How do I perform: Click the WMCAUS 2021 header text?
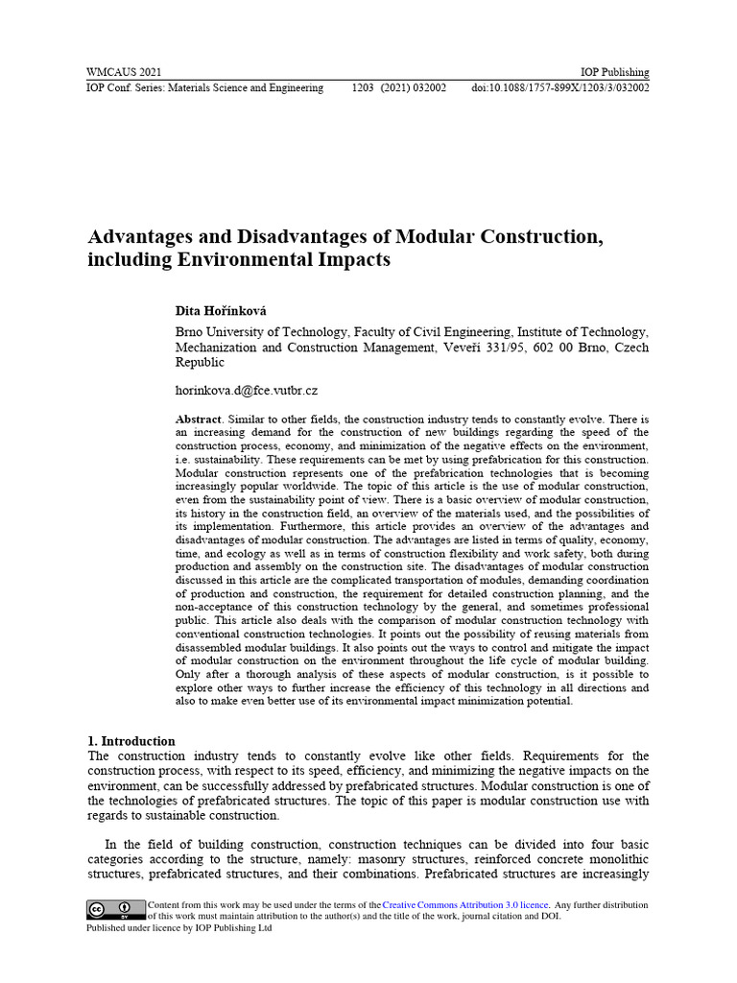(124, 72)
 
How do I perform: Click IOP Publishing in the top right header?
(615, 72)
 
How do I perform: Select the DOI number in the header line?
(560, 87)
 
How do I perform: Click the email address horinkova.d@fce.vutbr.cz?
(246, 391)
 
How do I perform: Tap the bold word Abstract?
(198, 420)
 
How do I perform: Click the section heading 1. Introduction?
(131, 741)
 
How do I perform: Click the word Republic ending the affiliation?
(200, 362)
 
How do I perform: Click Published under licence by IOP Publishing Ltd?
(179, 928)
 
